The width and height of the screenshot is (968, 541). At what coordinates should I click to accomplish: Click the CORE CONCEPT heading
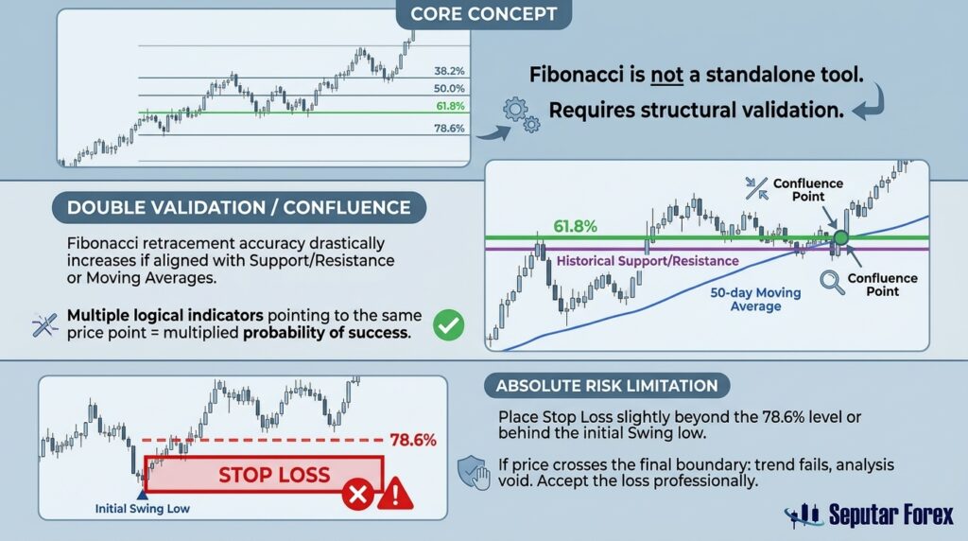(x=483, y=13)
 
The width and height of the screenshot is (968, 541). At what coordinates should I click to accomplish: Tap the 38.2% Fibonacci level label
(x=449, y=71)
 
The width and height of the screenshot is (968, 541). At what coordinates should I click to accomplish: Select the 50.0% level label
(x=449, y=88)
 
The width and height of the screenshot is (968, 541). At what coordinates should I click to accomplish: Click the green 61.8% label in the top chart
(x=450, y=106)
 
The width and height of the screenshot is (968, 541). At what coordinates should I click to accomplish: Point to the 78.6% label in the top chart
(x=449, y=129)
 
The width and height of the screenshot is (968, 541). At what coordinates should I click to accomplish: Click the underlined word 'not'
(x=666, y=76)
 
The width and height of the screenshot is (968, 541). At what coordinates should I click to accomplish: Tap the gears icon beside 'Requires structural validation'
(x=521, y=114)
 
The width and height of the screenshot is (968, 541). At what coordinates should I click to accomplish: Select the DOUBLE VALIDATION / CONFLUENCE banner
(x=239, y=207)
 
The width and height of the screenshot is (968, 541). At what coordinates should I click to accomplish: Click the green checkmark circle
(x=449, y=324)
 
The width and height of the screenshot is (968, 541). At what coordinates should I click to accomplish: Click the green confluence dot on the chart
(x=840, y=237)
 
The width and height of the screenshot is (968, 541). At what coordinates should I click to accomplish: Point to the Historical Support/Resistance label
(x=648, y=261)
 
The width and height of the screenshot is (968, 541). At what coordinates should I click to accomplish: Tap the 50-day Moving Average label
(x=755, y=300)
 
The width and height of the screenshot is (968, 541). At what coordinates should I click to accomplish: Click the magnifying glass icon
(x=832, y=283)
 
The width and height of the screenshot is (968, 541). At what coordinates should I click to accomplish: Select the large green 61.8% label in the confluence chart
(x=575, y=227)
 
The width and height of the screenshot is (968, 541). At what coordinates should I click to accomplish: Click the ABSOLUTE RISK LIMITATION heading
(x=607, y=386)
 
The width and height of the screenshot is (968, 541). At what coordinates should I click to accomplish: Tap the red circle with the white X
(x=358, y=494)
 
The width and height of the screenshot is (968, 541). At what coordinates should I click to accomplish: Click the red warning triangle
(x=395, y=494)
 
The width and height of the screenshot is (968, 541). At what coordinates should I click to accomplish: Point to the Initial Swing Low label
(x=142, y=509)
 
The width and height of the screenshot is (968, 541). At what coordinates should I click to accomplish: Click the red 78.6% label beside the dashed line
(x=413, y=441)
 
